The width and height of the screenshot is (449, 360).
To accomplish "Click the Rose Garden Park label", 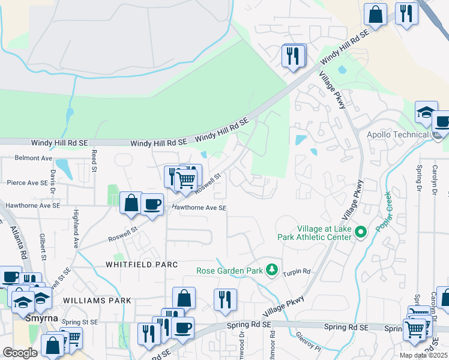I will tap(229, 271).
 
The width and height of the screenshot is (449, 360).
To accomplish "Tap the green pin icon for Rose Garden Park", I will tap(272, 270).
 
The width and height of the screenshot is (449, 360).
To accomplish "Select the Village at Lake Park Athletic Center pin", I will tap(360, 232).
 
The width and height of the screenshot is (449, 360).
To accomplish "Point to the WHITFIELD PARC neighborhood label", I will tap(142, 264).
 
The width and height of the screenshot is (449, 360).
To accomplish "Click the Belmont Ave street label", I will tap(34, 158).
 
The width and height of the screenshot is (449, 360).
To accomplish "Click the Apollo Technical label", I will tap(398, 134).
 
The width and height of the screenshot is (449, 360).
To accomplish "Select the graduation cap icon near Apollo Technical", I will tap(426, 112).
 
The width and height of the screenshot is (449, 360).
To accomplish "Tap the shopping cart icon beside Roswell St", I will tap(186, 178).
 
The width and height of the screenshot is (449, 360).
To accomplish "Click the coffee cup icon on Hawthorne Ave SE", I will tap(152, 204).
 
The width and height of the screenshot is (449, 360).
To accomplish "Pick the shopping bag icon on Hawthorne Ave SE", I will tap(130, 203).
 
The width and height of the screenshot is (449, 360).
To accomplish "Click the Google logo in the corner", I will tap(20, 353).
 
